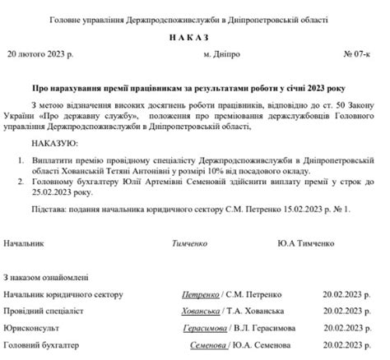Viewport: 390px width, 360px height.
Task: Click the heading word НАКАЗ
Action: (x=190, y=38)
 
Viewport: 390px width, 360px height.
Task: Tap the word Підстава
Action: (x=49, y=210)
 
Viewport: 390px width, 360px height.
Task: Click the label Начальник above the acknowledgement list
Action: (x=25, y=244)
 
